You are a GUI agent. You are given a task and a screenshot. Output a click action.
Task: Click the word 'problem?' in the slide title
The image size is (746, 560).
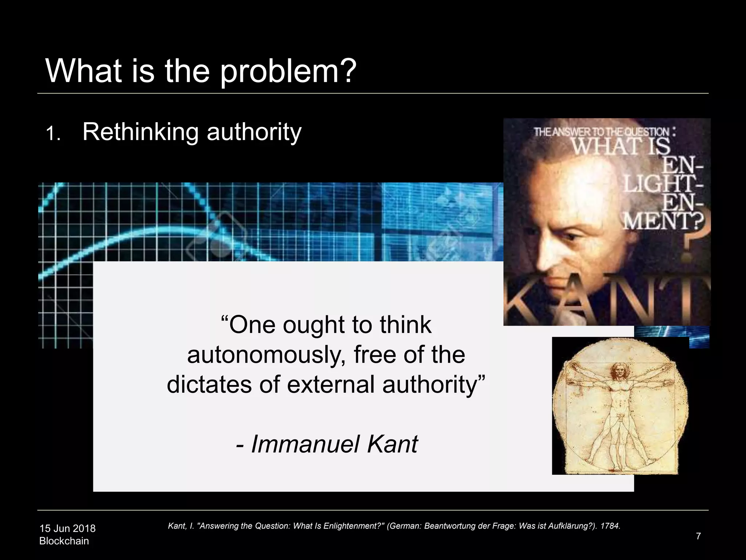click(x=288, y=71)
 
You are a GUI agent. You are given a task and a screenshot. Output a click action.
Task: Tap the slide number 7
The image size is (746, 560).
click(x=698, y=536)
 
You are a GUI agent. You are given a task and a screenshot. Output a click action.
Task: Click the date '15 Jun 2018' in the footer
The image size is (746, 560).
click(x=67, y=528)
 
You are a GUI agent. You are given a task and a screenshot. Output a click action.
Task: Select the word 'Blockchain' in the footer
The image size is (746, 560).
click(x=64, y=541)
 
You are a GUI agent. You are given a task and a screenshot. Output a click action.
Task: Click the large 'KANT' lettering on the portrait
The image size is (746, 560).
click(x=606, y=297)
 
